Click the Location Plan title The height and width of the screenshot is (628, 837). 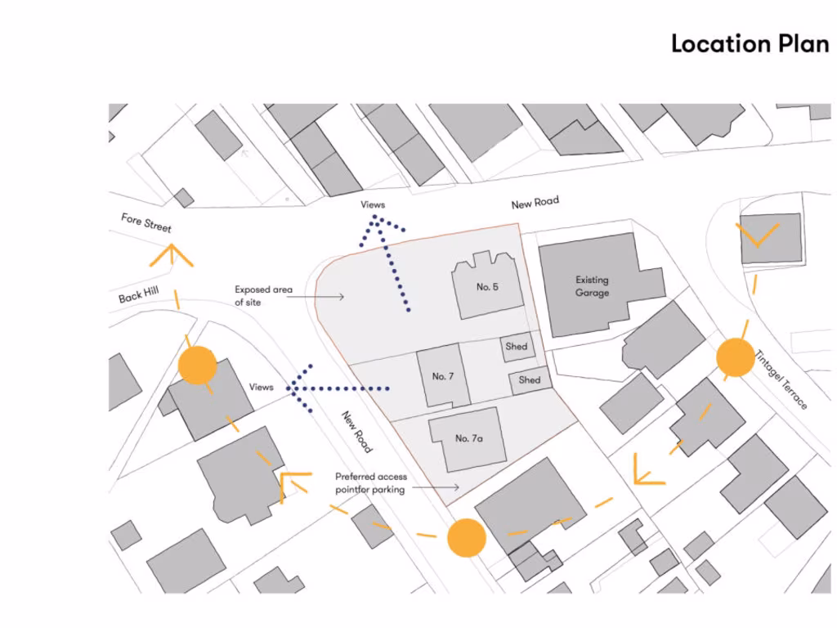pyautogui.click(x=750, y=43)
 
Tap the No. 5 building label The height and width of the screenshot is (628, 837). pyautogui.click(x=487, y=287)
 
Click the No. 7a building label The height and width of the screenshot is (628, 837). pyautogui.click(x=468, y=438)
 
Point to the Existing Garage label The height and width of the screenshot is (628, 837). pyautogui.click(x=592, y=285)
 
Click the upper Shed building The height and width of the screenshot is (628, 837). pyautogui.click(x=517, y=347)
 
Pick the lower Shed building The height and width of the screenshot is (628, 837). pyautogui.click(x=529, y=380)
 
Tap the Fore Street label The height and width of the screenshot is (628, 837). pyautogui.click(x=146, y=222)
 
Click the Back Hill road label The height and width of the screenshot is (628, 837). pyautogui.click(x=138, y=294)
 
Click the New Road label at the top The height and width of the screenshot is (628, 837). pyautogui.click(x=535, y=203)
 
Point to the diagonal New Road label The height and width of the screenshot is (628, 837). pyautogui.click(x=357, y=431)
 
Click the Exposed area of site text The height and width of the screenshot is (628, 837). pyautogui.click(x=263, y=295)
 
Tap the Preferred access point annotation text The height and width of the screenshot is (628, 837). pyautogui.click(x=370, y=482)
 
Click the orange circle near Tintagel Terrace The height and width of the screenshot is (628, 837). pyautogui.click(x=735, y=358)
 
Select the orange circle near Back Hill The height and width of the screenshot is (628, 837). pyautogui.click(x=197, y=365)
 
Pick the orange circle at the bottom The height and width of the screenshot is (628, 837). pyautogui.click(x=467, y=538)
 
